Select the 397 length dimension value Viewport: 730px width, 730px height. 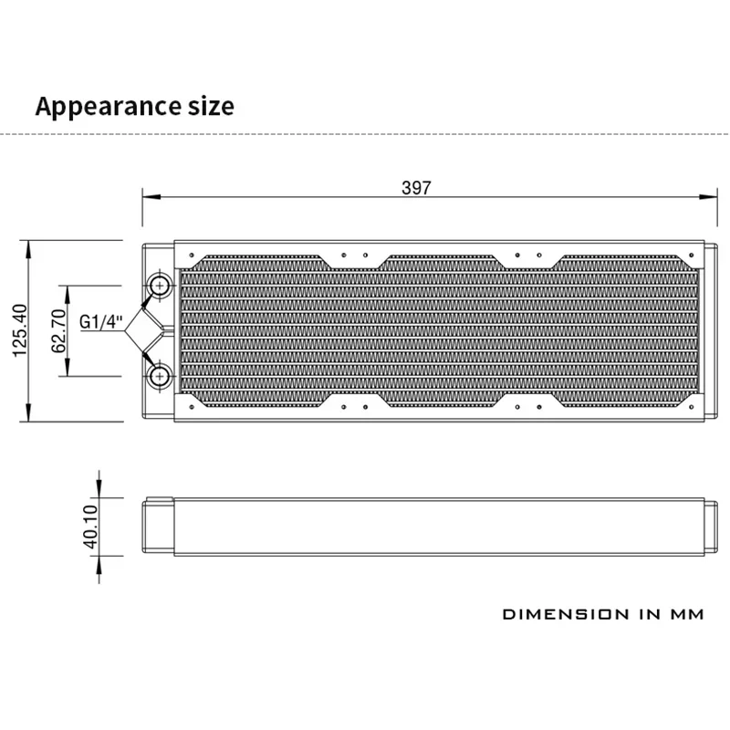[415, 188]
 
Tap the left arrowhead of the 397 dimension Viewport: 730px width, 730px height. [148, 197]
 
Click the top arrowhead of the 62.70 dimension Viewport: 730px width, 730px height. [68, 290]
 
